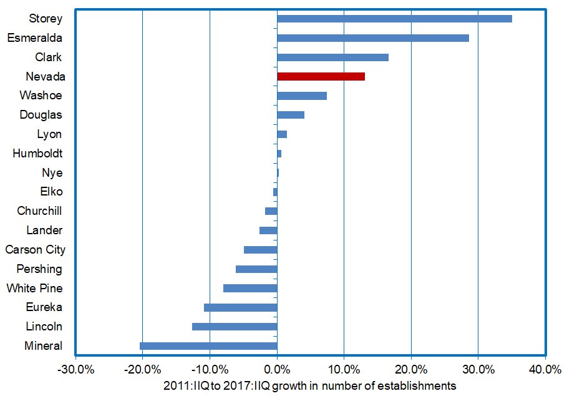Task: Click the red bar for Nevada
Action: tap(321, 76)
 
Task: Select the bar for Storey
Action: tap(394, 19)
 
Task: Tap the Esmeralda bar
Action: tap(372, 38)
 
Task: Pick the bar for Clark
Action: tap(332, 57)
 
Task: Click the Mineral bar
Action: tap(208, 346)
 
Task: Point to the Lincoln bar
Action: tap(235, 327)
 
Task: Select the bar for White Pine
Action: tap(250, 288)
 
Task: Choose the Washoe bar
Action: tap(302, 96)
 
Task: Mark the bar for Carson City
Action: tap(260, 250)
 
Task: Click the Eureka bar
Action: tap(240, 307)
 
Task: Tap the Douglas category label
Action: tap(41, 115)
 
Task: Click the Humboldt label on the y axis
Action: tap(37, 154)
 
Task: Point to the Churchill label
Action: tap(39, 211)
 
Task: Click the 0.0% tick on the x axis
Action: tap(277, 369)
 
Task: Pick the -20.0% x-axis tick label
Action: tap(142, 369)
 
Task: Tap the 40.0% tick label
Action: tap(545, 369)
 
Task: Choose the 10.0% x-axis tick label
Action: tap(344, 369)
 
